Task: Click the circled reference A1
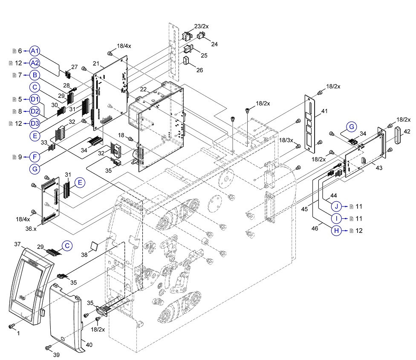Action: [x=35, y=51]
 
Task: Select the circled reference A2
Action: [x=35, y=63]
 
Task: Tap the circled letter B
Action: [x=35, y=75]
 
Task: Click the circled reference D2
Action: [x=35, y=111]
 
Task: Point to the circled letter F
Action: [x=35, y=157]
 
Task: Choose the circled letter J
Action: [x=337, y=206]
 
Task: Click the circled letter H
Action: [x=337, y=231]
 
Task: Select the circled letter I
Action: [x=337, y=218]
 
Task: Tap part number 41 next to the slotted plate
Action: [x=324, y=111]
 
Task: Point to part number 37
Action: [x=17, y=244]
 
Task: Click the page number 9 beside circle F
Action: [x=20, y=157]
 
